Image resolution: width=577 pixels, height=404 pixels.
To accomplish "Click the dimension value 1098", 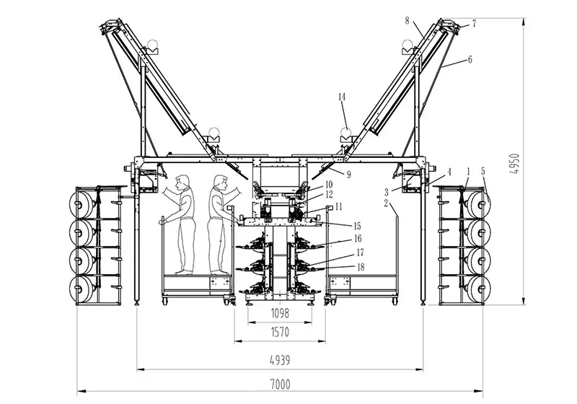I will [x=280, y=314].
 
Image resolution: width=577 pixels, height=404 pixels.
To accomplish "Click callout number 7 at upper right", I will [x=474, y=24].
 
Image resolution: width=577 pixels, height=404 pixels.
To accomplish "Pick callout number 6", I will [x=470, y=60].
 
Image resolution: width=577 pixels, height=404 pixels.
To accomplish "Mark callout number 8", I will [x=408, y=22].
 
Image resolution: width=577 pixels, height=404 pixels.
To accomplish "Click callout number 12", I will [x=328, y=195].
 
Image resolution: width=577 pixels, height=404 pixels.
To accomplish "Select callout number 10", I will [x=328, y=185].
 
